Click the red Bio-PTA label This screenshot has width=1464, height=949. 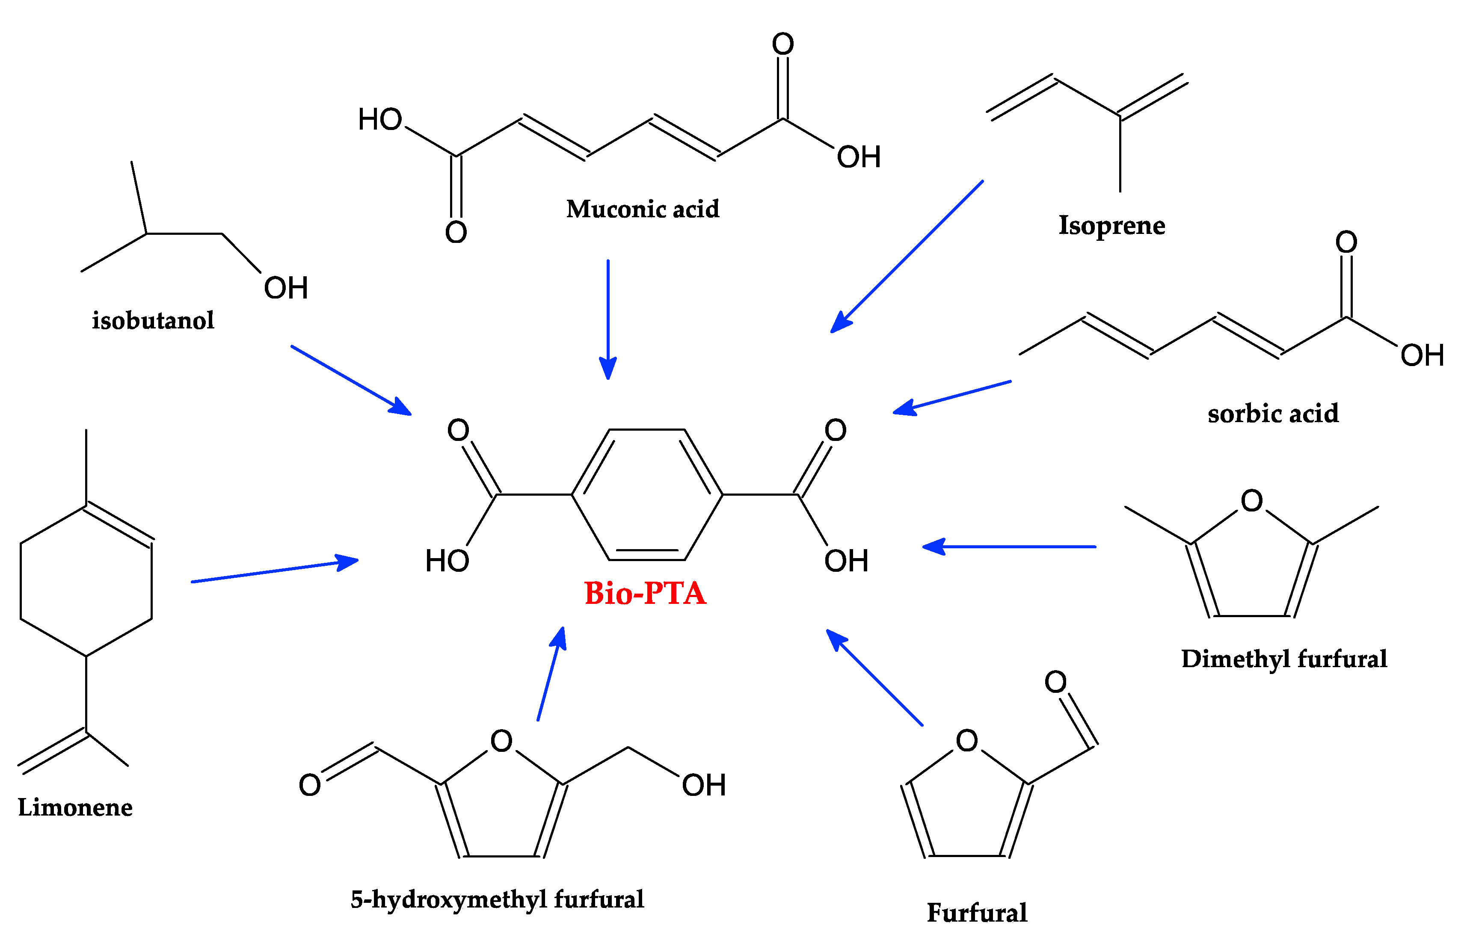[645, 594]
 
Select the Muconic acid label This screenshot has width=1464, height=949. [642, 209]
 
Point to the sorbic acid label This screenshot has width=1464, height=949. [1273, 413]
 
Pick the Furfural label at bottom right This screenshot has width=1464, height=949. [977, 913]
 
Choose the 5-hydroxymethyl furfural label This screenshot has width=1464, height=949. [497, 900]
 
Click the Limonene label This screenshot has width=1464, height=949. [75, 807]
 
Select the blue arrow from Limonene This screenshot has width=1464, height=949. [274, 571]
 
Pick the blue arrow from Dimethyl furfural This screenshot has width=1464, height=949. [1009, 546]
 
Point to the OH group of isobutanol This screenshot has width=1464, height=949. [285, 288]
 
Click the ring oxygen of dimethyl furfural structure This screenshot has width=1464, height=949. [1251, 501]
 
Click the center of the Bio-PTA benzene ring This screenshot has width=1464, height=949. [646, 494]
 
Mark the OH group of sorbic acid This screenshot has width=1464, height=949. [1422, 355]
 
